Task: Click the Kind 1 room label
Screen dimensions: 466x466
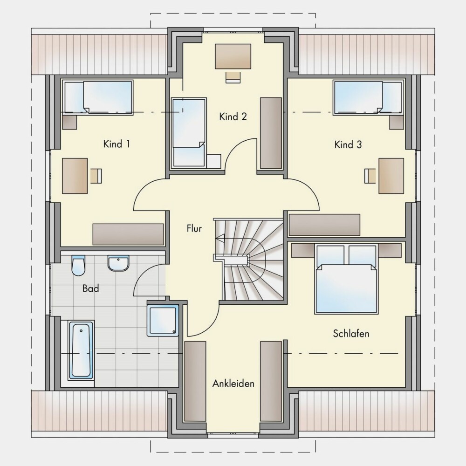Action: click(116, 144)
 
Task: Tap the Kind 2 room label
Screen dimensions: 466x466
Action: click(233, 116)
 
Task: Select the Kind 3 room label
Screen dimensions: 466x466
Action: click(348, 145)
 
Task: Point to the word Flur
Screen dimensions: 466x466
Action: click(194, 228)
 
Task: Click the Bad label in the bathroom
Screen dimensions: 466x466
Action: click(91, 288)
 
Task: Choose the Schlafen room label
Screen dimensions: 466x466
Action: click(351, 334)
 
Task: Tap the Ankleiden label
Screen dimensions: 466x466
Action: click(233, 384)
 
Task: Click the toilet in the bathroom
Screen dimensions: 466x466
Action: click(78, 266)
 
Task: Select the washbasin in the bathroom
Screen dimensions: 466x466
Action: click(118, 263)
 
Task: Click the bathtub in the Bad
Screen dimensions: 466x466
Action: click(81, 350)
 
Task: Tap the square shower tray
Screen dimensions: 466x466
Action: click(163, 320)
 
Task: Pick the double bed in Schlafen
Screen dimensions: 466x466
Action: click(347, 279)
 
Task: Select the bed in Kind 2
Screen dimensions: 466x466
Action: click(189, 133)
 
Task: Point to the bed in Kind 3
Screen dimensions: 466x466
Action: click(369, 97)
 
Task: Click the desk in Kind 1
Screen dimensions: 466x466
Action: click(75, 176)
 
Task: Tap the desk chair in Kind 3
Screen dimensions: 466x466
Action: click(370, 176)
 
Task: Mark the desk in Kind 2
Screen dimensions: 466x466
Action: click(233, 56)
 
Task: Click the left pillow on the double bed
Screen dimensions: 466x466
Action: click(330, 255)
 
